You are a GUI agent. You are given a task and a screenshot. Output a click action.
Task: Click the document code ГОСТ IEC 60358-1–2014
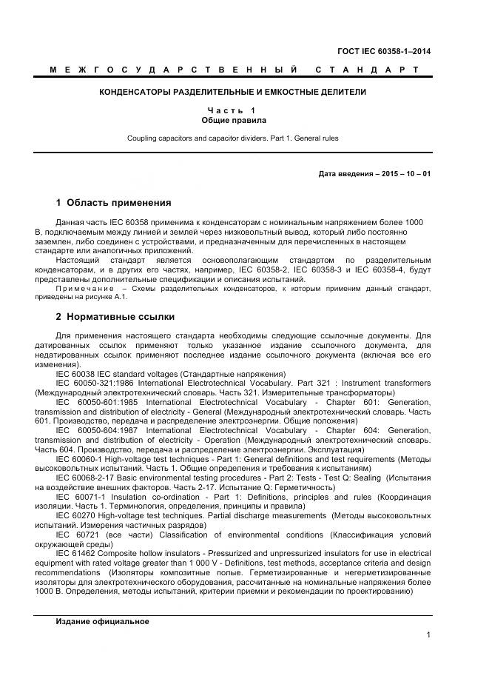coord(385,52)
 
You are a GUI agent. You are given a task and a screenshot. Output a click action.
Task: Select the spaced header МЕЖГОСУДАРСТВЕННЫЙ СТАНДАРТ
coord(234,70)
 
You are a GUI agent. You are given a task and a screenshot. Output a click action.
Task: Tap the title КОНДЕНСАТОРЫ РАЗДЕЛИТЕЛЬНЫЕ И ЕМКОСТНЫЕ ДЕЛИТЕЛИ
coord(234,93)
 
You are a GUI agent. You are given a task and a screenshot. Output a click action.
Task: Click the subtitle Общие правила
coord(234,120)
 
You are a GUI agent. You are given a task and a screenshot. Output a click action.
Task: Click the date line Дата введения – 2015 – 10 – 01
coord(374,174)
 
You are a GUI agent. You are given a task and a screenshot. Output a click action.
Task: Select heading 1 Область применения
coord(113,202)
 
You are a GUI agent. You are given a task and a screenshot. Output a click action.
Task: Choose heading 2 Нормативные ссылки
coord(115,317)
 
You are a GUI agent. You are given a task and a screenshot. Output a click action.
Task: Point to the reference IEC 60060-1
coord(81,459)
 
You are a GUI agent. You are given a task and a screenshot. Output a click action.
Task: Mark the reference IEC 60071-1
coord(81,497)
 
